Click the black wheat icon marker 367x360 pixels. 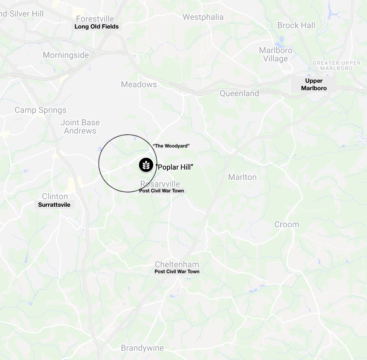coord(146,165)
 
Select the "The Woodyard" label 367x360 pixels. coord(171,146)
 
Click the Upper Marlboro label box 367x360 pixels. coord(314,84)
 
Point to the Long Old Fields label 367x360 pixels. coord(97,26)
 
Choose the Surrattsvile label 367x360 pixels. coord(54,205)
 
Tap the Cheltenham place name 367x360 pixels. coord(177,264)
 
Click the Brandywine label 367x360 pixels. coord(142,348)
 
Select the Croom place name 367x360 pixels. coord(287,224)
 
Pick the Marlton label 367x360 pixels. coord(242,177)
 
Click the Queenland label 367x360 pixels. coord(239,93)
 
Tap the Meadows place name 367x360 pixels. coord(139,84)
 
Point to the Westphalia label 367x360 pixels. coord(203,17)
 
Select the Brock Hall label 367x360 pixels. coord(296,25)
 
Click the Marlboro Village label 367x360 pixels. coord(276,54)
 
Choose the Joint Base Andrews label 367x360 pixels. coord(80,127)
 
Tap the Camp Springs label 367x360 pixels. coord(41,110)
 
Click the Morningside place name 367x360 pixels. coord(66,55)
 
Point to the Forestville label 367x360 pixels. coord(95,18)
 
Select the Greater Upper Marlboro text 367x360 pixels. coord(337,65)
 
